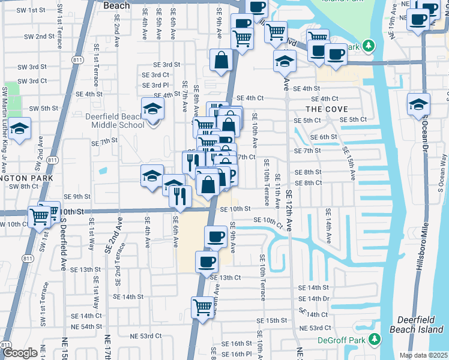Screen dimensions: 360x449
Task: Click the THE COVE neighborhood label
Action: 323,109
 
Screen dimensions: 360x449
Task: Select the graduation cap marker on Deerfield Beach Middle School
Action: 152,110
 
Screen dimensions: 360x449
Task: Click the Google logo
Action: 20,353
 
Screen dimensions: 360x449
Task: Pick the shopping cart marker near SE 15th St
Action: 203,307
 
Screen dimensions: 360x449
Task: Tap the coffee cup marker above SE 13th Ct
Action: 207,262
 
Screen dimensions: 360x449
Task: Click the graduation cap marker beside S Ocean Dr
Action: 418,104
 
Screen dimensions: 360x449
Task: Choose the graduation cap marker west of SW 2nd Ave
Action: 20,128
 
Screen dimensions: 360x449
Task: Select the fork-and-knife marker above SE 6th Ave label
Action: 179,195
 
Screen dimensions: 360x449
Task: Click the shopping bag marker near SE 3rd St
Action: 221,60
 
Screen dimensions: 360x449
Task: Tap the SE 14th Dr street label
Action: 314,298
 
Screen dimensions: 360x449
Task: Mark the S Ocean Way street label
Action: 442,174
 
